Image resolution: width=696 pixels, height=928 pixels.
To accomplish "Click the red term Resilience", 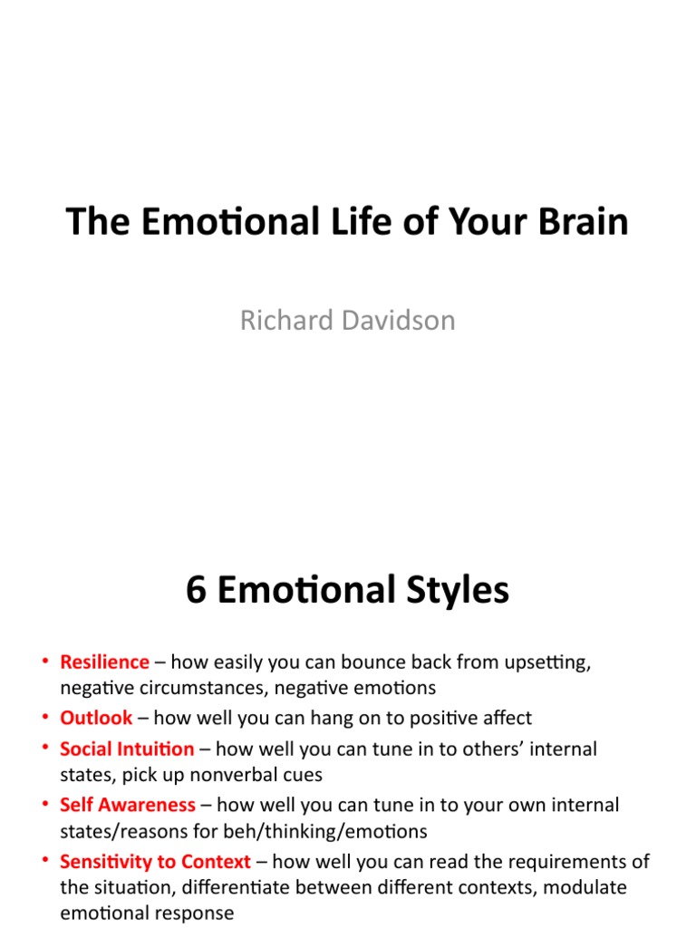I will tap(104, 662).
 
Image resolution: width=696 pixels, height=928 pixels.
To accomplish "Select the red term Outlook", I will tap(96, 719).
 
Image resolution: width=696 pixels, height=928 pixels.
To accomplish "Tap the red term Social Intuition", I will tap(127, 749).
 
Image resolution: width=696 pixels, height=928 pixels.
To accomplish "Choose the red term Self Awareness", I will tap(128, 805).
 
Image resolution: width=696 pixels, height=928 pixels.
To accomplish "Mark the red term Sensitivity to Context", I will tap(155, 861).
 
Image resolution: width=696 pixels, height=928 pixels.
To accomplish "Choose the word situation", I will tap(130, 888).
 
